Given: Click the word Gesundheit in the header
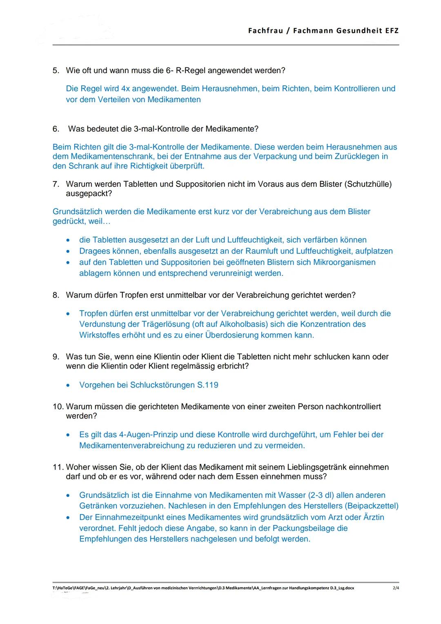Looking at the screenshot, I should [x=359, y=31].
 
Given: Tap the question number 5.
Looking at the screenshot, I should [x=56, y=71].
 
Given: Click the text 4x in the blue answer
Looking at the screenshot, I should [x=125, y=89].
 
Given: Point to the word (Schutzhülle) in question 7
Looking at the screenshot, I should [x=368, y=184].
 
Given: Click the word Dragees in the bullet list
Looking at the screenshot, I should [x=94, y=251].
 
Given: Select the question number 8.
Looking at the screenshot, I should [x=56, y=295].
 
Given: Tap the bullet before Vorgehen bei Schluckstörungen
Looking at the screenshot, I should [x=69, y=385].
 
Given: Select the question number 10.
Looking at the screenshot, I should [x=58, y=407].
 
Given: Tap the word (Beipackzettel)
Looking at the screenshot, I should [x=372, y=506].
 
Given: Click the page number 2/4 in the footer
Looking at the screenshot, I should [x=396, y=588].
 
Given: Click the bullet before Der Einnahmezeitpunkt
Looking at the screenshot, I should [x=69, y=518].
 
